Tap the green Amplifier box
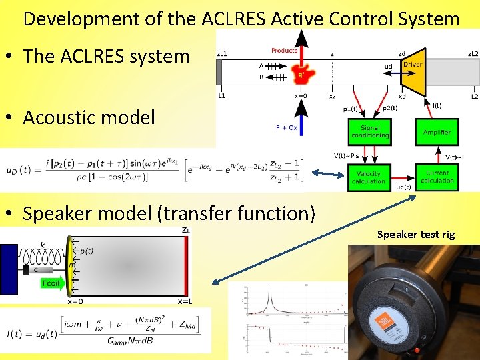tap(437, 132)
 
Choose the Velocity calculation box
tap(369, 177)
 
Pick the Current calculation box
tap(437, 177)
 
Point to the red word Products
tap(285, 51)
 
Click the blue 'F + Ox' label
tap(287, 127)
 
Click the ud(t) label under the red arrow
tap(404, 187)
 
